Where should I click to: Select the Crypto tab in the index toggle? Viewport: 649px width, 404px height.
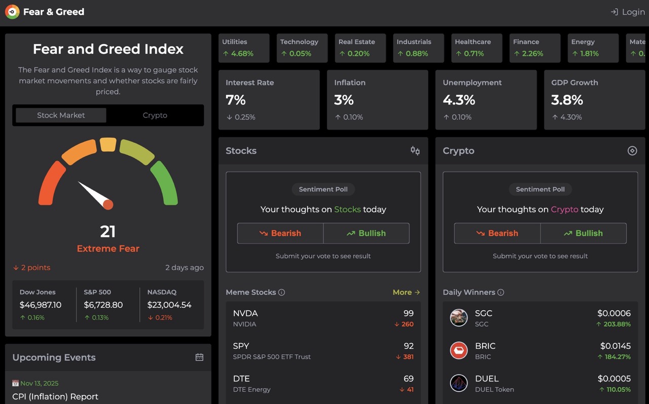click(155, 115)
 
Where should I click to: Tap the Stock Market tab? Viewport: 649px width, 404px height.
click(61, 115)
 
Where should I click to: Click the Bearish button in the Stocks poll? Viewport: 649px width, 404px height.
click(280, 233)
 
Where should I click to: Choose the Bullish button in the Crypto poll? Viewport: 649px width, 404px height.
click(583, 233)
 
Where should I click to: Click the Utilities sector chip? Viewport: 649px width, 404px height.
click(244, 48)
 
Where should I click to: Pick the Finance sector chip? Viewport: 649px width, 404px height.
click(534, 48)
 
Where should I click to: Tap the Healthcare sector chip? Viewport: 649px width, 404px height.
click(476, 48)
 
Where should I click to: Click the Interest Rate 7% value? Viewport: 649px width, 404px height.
click(236, 100)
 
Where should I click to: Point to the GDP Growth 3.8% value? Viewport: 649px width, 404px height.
click(567, 100)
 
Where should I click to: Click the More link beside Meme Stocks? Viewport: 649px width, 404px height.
click(406, 292)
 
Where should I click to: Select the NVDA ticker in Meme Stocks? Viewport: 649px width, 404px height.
click(245, 313)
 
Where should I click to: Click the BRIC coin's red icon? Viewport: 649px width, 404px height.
click(459, 350)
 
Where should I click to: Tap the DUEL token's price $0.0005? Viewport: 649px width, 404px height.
click(614, 379)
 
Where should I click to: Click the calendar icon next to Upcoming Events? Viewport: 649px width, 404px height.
click(199, 357)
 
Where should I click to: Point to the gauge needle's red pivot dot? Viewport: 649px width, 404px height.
click(108, 204)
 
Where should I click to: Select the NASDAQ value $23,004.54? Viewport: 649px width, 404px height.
click(169, 305)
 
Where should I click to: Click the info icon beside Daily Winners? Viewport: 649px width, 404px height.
click(500, 292)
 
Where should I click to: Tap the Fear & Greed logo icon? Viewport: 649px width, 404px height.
click(12, 12)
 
